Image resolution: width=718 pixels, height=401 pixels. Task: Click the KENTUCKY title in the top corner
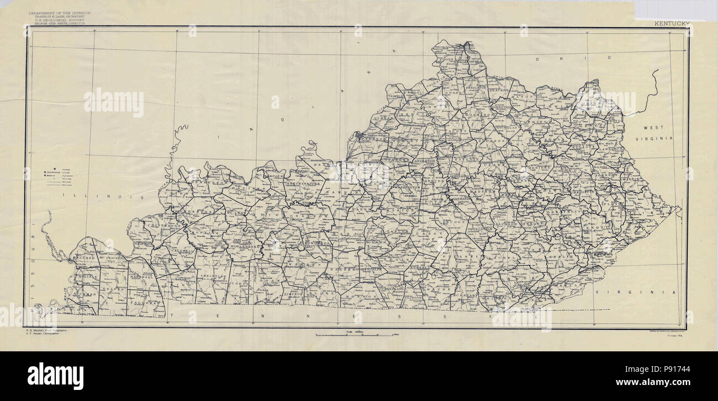(672, 24)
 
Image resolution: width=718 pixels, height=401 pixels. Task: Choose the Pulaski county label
(457, 258)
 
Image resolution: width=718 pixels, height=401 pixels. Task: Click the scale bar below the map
(353, 335)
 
